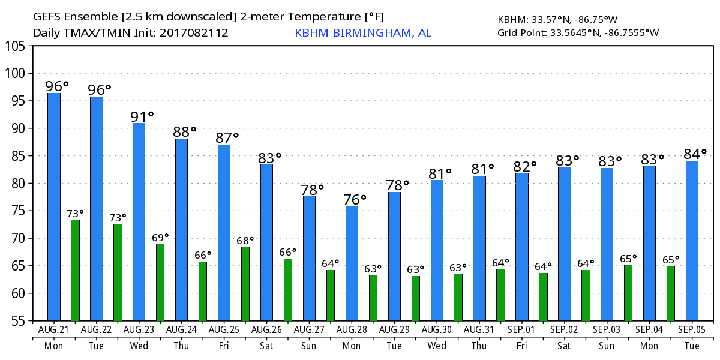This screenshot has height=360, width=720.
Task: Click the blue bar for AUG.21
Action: [x=54, y=207]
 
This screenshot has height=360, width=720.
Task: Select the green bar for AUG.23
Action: [x=160, y=282]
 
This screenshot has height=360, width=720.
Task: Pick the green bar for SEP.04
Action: [x=671, y=293]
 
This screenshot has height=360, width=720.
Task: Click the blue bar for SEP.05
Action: [x=692, y=241]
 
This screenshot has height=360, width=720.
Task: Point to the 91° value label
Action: [x=142, y=116]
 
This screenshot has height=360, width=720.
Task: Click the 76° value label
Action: [x=355, y=199]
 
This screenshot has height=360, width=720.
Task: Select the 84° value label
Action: [x=695, y=154]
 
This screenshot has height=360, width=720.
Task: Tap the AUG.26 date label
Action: [x=267, y=330]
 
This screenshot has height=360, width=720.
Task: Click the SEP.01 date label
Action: [x=522, y=330]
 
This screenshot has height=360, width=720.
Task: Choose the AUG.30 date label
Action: [x=437, y=330]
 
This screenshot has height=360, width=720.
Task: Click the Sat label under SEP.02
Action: [x=565, y=346]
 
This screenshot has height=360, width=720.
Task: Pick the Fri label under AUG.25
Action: [x=224, y=346]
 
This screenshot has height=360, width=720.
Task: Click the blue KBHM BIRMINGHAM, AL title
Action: [x=362, y=32]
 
